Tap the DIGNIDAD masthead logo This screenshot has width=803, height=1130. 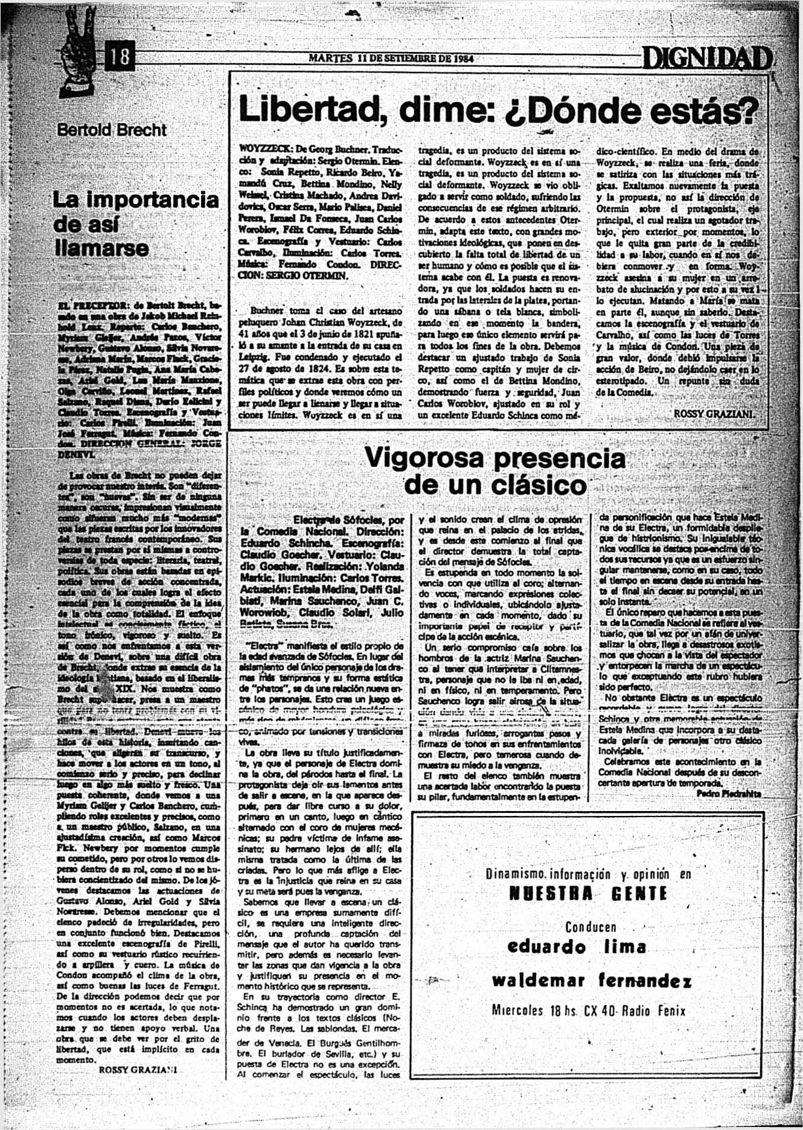click(707, 59)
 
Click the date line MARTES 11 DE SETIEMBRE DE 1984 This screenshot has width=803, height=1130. click(390, 59)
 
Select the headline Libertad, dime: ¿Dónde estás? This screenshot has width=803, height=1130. click(497, 108)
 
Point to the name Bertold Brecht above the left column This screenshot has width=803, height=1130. click(112, 130)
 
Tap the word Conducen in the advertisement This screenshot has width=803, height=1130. click(590, 927)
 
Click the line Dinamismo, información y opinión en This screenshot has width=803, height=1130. click(588, 874)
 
